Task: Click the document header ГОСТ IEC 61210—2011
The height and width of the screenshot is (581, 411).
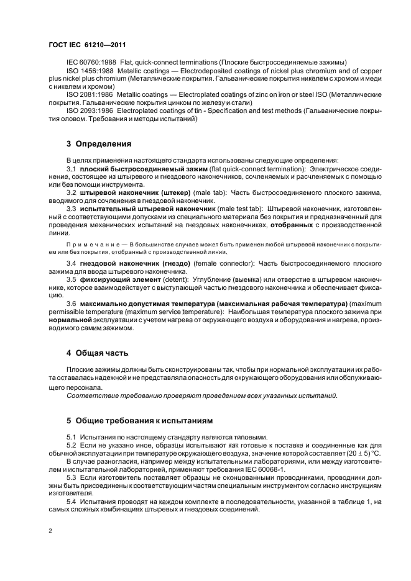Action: coord(87,46)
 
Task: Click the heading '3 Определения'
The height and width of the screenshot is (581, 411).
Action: coord(99,144)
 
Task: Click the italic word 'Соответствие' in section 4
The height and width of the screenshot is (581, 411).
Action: coord(91,395)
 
